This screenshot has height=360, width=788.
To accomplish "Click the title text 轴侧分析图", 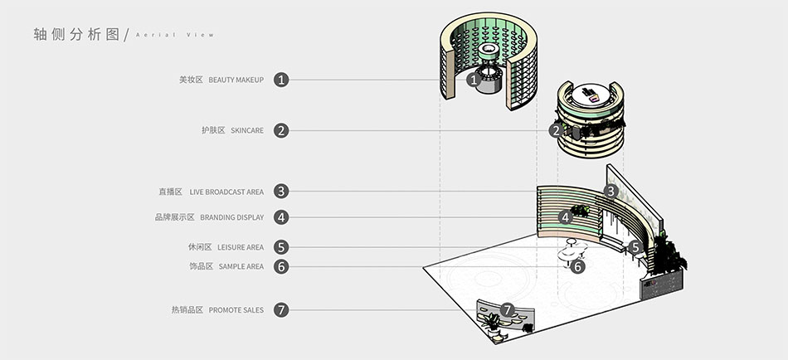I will (x=76, y=34).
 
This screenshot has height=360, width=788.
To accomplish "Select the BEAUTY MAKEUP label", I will (x=236, y=80).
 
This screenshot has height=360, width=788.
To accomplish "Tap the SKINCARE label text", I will (x=247, y=131).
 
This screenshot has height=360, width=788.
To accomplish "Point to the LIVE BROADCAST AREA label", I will (x=226, y=192).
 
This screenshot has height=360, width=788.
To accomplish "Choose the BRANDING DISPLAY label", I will (x=231, y=217).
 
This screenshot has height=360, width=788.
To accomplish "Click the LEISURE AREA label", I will (x=241, y=247).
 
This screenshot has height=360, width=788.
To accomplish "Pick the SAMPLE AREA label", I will (x=241, y=266).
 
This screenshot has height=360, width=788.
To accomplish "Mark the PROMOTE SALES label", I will (x=236, y=310).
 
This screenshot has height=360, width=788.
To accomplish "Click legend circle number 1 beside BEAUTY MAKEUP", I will (x=282, y=80).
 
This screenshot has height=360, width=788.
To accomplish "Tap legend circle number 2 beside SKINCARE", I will (x=282, y=130).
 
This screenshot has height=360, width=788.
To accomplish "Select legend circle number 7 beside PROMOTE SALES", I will (x=282, y=310).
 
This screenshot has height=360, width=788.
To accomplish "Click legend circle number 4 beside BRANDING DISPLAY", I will (x=282, y=217).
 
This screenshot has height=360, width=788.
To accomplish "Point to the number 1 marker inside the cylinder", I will (x=473, y=80).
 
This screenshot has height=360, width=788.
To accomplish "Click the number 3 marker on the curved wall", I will (x=610, y=191).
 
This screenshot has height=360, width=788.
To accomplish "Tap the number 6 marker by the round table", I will (x=578, y=266).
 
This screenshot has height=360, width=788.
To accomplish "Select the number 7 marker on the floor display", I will (x=508, y=309).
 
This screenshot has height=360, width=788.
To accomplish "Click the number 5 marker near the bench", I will (x=635, y=246).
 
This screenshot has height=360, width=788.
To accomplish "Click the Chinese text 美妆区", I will (x=191, y=80).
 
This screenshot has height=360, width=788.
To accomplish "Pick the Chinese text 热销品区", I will (x=187, y=310).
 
